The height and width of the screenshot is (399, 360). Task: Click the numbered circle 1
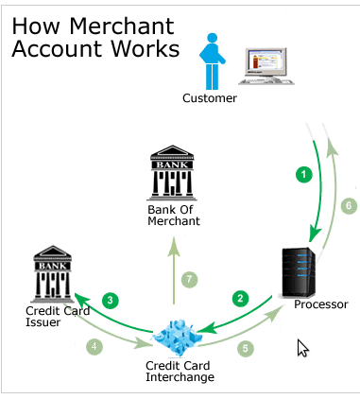(304, 174)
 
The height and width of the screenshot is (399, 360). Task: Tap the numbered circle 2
(241, 298)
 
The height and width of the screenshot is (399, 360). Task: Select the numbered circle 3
(111, 301)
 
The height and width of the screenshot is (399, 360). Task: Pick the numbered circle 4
(94, 346)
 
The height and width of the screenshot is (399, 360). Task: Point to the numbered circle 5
(245, 347)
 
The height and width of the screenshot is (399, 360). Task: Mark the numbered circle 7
(190, 279)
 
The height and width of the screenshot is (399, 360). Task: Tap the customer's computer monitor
(266, 66)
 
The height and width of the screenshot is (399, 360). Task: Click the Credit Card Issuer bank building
(49, 273)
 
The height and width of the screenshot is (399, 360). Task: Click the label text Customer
(211, 98)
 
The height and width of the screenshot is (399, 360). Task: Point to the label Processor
(321, 304)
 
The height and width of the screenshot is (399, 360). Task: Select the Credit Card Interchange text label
(180, 371)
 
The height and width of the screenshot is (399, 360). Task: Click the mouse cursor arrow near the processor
(302, 347)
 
